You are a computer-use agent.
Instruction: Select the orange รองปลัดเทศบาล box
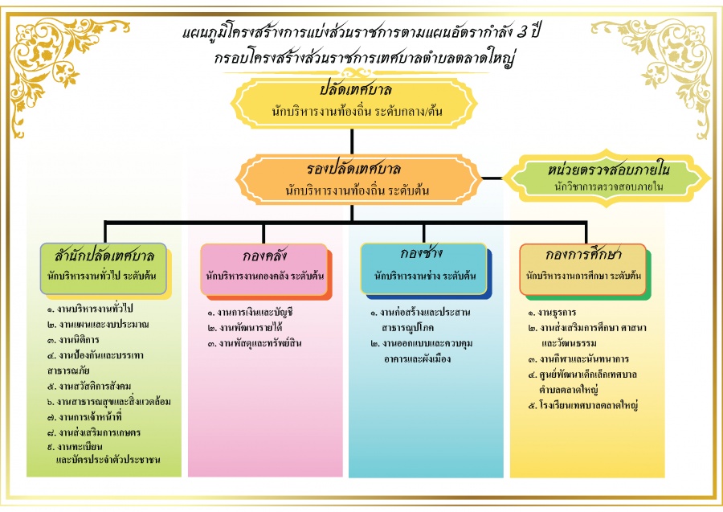pyautogui.click(x=353, y=179)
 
